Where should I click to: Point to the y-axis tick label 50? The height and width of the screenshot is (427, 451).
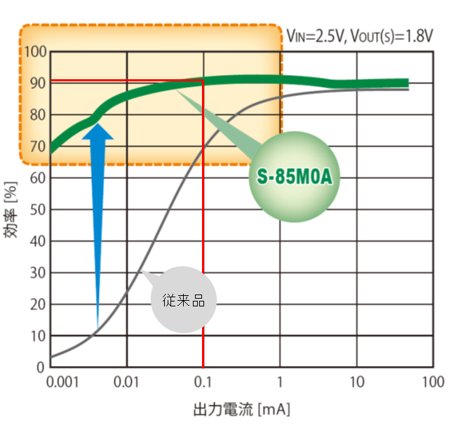[37, 210]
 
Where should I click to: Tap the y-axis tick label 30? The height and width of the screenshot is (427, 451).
[37, 273]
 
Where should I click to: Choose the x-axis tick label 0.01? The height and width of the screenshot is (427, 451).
[127, 383]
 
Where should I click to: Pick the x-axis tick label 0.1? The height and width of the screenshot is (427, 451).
[203, 383]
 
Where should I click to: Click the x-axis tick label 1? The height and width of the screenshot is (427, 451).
[281, 383]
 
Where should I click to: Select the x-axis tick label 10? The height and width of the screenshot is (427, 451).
[357, 383]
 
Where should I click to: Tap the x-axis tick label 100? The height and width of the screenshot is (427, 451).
[433, 383]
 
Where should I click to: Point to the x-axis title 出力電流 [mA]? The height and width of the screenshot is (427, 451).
[242, 409]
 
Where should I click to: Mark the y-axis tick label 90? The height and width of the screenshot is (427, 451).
[37, 83]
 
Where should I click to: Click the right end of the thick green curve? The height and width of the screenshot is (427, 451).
[405, 83]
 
